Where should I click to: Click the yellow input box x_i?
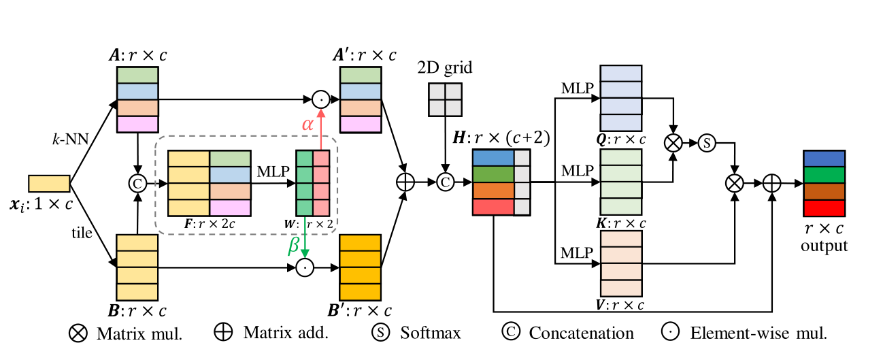point(49,184)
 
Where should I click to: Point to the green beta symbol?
point(294,245)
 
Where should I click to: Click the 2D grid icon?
point(445,100)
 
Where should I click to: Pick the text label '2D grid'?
point(445,68)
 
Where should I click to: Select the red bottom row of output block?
point(824,207)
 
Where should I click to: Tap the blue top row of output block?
point(824,158)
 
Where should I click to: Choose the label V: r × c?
point(621,304)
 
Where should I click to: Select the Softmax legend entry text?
point(430,333)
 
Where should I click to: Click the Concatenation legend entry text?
point(581,333)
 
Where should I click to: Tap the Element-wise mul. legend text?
point(758,333)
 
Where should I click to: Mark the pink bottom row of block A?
point(137,124)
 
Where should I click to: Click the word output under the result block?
point(824,245)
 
